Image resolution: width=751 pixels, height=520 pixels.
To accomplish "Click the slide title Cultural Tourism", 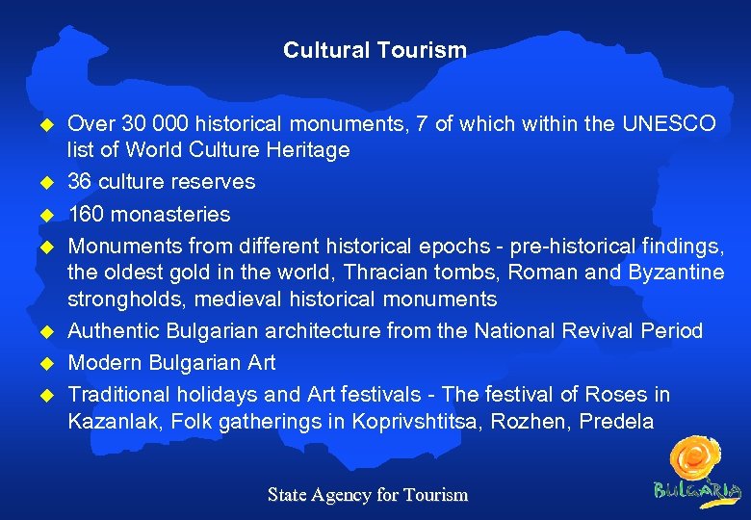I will click(375, 50).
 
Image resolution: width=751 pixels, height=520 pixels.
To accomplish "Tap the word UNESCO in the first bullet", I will click(670, 124).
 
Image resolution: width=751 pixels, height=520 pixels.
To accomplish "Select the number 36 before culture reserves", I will click(80, 182).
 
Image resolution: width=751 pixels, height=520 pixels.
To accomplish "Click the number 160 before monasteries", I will click(86, 214).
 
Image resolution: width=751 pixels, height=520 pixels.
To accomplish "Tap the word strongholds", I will click(116, 299).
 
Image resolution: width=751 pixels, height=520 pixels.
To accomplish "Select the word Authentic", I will click(115, 331).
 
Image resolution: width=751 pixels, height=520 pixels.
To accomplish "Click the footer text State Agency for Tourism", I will click(368, 495).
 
